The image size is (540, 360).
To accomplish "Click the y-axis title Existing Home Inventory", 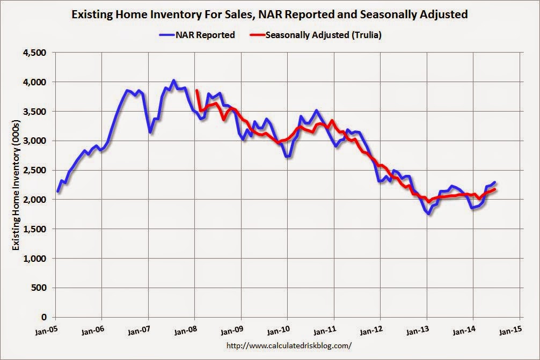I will pos(16,185).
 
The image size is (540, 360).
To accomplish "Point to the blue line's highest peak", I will pos(173,81).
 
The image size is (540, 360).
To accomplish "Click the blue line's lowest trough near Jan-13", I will pos(429,214).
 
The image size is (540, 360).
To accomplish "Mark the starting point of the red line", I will pos(197,91).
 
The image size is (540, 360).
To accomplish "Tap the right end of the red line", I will pos(494,189).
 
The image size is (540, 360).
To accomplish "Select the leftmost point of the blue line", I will pos(57,192).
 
